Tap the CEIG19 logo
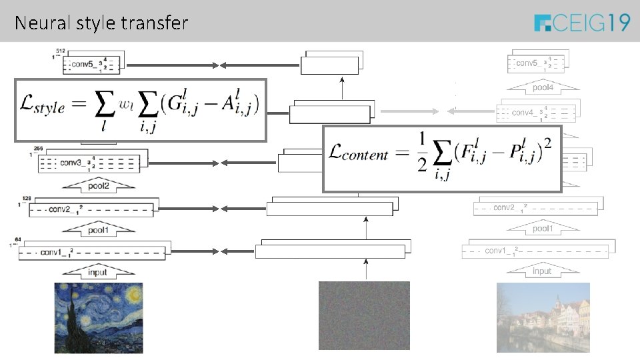pos(582,23)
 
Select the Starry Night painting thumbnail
pos(98,317)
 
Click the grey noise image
pos(364,315)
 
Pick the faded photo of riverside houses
pos(543,317)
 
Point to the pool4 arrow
pos(542,87)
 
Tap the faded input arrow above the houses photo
pos(541,271)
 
